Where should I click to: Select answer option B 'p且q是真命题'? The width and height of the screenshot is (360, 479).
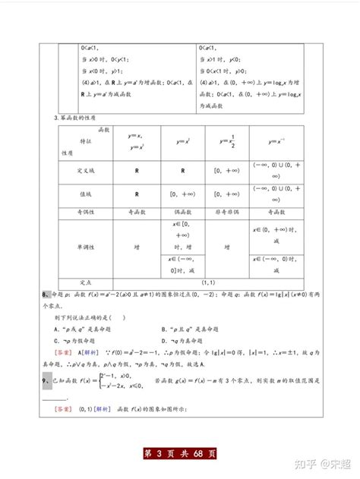[190, 329]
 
